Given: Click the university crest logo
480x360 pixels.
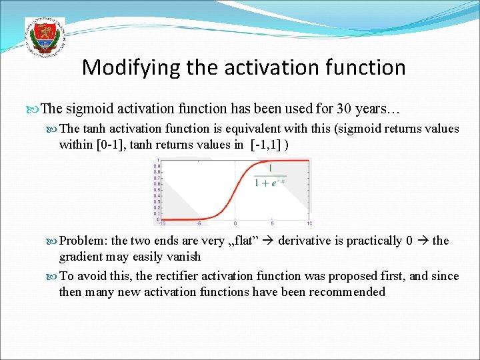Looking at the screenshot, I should [45, 37].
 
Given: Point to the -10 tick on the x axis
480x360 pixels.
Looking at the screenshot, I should [161, 223].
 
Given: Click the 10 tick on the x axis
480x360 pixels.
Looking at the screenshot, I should [309, 223].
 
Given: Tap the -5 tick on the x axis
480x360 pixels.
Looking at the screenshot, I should [199, 223].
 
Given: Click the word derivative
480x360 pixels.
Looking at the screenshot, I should [306, 241].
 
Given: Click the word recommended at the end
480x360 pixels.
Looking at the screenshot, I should [347, 292].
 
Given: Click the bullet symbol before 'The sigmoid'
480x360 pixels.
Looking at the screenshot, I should [35, 109].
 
